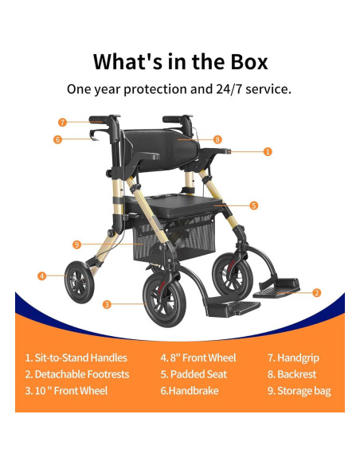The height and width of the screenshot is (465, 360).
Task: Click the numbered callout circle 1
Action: pos(268,150)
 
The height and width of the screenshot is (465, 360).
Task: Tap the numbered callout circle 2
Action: pos(317,292)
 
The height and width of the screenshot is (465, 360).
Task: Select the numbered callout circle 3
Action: pos(107,303)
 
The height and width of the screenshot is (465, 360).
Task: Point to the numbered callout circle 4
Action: pos(41,275)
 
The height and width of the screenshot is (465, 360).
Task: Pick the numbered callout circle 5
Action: pos(254,205)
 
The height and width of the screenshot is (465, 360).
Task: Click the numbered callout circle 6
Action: pos(57,139)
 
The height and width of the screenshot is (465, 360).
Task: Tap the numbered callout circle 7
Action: pos(62,122)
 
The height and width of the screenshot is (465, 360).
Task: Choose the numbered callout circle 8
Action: pos(218,139)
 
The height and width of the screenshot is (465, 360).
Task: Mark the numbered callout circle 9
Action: pos(76,244)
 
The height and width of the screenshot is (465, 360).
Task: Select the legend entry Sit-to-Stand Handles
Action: pos(76,358)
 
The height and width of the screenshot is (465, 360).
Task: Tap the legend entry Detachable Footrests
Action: pos(76,374)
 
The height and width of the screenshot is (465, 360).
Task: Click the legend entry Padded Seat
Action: pos(194,374)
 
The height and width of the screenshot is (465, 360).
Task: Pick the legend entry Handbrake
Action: pos(189,391)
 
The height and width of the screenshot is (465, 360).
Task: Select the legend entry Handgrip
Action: pos(292,358)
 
